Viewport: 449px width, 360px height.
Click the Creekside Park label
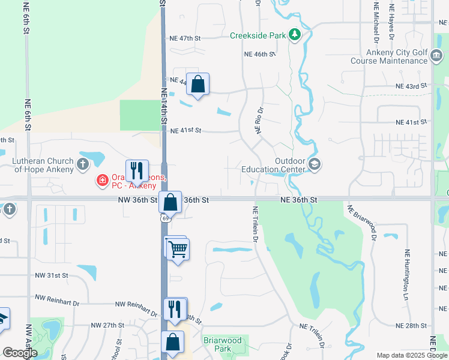tap(258, 35)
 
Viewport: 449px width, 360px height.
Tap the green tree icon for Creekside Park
tap(294, 35)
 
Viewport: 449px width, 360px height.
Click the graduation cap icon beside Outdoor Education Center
tap(314, 164)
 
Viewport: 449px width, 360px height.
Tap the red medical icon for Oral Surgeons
tap(103, 179)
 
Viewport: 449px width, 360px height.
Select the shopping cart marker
tap(177, 248)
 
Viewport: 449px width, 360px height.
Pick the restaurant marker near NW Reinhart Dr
tap(175, 309)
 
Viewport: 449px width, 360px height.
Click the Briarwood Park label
tap(222, 344)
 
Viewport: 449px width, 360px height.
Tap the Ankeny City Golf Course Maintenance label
tap(388, 56)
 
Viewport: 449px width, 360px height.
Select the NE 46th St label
tap(259, 54)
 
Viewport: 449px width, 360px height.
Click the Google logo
tap(20, 353)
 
